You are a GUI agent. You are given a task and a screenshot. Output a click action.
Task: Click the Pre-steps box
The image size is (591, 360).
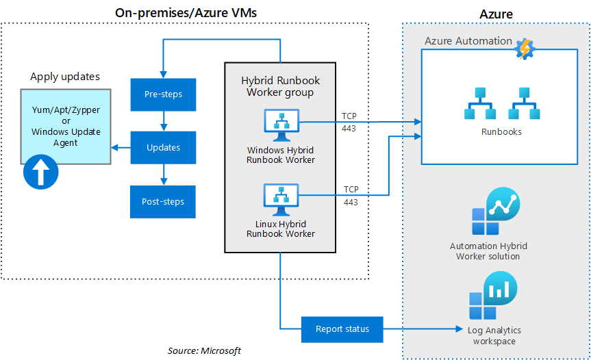click(164, 94)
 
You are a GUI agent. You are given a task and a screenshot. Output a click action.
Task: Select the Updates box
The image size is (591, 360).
click(164, 147)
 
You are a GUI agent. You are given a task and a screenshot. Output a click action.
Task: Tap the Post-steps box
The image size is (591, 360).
click(164, 201)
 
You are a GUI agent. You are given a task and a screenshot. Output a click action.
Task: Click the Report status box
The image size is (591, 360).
click(342, 329)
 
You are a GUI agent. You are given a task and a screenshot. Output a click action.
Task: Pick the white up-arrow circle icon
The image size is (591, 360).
click(40, 172)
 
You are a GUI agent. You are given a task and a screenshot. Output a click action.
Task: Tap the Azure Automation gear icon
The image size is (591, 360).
click(525, 49)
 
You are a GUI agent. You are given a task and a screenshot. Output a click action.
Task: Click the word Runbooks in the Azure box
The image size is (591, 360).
click(501, 131)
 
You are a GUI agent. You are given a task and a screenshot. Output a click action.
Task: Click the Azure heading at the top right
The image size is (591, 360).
click(496, 14)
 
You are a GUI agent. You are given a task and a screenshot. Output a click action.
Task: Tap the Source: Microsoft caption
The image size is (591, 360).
click(204, 350)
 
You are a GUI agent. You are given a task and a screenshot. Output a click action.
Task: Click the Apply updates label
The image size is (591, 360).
click(65, 77)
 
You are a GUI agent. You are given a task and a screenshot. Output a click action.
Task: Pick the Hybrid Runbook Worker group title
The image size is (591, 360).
click(280, 86)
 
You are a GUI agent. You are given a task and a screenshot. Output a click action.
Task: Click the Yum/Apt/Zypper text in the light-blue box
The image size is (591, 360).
click(65, 110)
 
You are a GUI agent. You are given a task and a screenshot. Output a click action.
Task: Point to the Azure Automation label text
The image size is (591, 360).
click(468, 41)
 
